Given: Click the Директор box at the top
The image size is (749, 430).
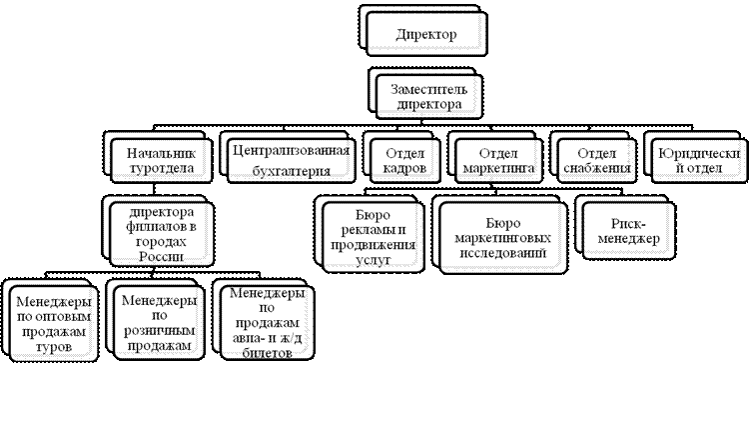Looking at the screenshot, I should click(425, 35).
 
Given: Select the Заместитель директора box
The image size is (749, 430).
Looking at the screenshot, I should click(424, 95).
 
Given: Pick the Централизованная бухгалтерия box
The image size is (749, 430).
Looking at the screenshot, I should click(290, 160).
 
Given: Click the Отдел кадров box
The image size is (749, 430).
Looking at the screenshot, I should click(404, 161).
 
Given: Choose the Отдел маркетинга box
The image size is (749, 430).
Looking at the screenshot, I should click(496, 161).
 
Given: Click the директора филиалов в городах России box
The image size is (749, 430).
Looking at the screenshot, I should click(161, 233).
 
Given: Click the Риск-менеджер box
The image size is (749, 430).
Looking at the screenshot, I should click(627, 231).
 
